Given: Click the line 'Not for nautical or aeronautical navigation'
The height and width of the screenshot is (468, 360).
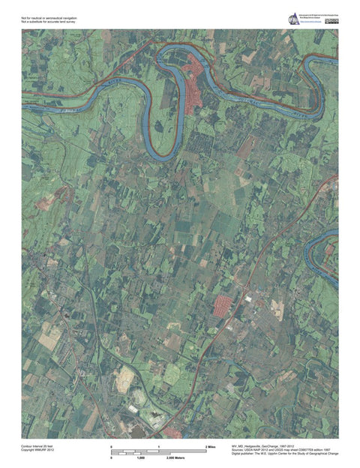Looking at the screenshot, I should point(49,16).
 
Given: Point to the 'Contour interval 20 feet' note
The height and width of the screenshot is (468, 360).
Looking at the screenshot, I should point(38,446).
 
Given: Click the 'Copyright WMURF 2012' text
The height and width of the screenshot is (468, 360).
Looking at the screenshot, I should point(38,450).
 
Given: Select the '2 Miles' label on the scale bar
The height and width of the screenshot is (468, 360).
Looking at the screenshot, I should point(211,447).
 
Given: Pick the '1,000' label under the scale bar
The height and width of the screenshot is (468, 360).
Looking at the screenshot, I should point(140,457).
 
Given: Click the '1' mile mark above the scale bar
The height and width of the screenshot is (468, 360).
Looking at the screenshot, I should point(159,447).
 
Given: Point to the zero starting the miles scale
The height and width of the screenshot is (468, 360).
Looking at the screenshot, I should point(112,447).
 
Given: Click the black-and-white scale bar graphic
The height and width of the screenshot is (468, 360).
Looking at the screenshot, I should point(158,452).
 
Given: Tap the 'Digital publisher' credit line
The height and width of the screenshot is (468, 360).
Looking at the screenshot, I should point(285,454).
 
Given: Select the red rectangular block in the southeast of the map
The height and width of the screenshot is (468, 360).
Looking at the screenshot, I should point(222,305).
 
